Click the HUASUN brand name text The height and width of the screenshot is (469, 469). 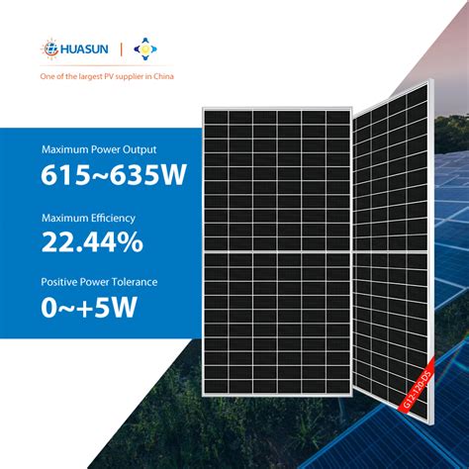84,49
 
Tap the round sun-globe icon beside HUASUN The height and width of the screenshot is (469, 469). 50,48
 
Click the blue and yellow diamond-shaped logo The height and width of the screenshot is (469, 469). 145,49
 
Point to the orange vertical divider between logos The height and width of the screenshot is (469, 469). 121,49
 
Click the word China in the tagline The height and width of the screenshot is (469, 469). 163,76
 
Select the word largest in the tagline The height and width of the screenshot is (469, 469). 90,77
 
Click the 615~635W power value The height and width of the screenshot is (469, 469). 114,174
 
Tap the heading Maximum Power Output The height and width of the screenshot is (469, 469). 99,149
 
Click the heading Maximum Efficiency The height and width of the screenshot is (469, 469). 88,219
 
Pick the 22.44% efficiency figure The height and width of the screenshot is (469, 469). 92,242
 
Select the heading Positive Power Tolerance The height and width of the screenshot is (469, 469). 99,282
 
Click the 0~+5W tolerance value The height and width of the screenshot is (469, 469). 89,307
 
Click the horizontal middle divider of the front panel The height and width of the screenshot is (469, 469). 277,251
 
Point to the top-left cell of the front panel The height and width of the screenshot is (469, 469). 216,118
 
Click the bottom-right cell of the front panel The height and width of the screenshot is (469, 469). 338,386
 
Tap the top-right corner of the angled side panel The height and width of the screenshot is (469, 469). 431,79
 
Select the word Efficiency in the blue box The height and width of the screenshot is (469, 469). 113,219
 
